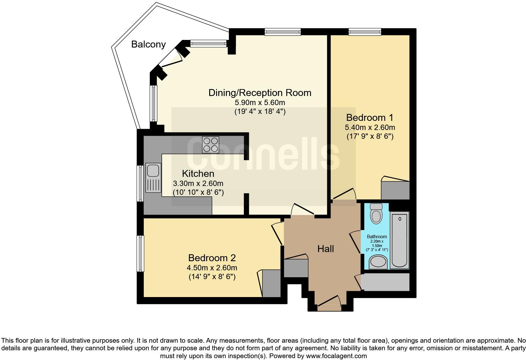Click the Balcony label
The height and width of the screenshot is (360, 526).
[x=148, y=44]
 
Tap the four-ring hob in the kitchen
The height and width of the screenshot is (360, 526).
[x=210, y=145]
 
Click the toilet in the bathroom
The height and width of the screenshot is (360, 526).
[x=376, y=214]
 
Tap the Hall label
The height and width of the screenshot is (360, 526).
[x=325, y=249]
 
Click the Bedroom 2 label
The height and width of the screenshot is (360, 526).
[x=212, y=258]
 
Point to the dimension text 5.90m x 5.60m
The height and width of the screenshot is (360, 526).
[x=260, y=103]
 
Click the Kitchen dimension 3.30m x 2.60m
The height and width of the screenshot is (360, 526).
[x=198, y=183]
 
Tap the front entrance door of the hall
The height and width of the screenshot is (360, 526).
[x=329, y=302]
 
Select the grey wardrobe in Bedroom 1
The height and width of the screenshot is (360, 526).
[x=395, y=190]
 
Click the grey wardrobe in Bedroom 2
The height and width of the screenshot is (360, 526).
[x=271, y=283]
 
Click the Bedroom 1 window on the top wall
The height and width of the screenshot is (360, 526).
[x=365, y=31]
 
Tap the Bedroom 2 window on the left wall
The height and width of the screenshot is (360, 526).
[x=140, y=253]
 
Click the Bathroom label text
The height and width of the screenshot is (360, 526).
[x=377, y=237]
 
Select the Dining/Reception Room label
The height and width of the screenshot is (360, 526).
[x=260, y=93]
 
